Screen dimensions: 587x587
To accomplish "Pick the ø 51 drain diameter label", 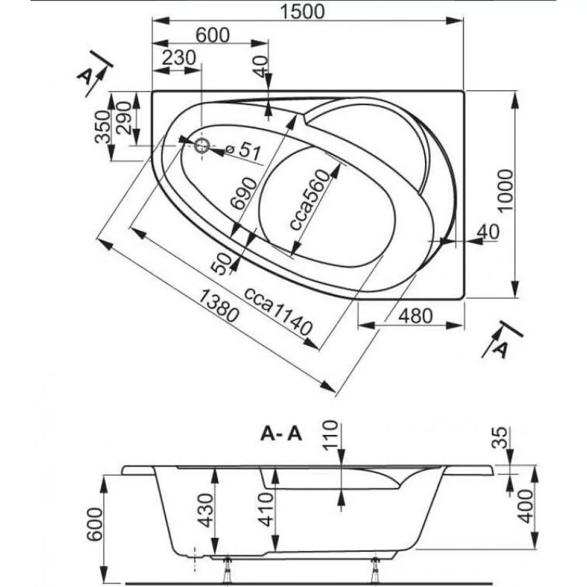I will pyautogui.click(x=242, y=151).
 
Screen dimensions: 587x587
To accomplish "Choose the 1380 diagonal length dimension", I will pyautogui.click(x=218, y=306).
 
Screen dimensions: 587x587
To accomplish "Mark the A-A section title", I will pyautogui.click(x=281, y=434).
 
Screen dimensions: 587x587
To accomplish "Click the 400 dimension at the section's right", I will pyautogui.click(x=527, y=507).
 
